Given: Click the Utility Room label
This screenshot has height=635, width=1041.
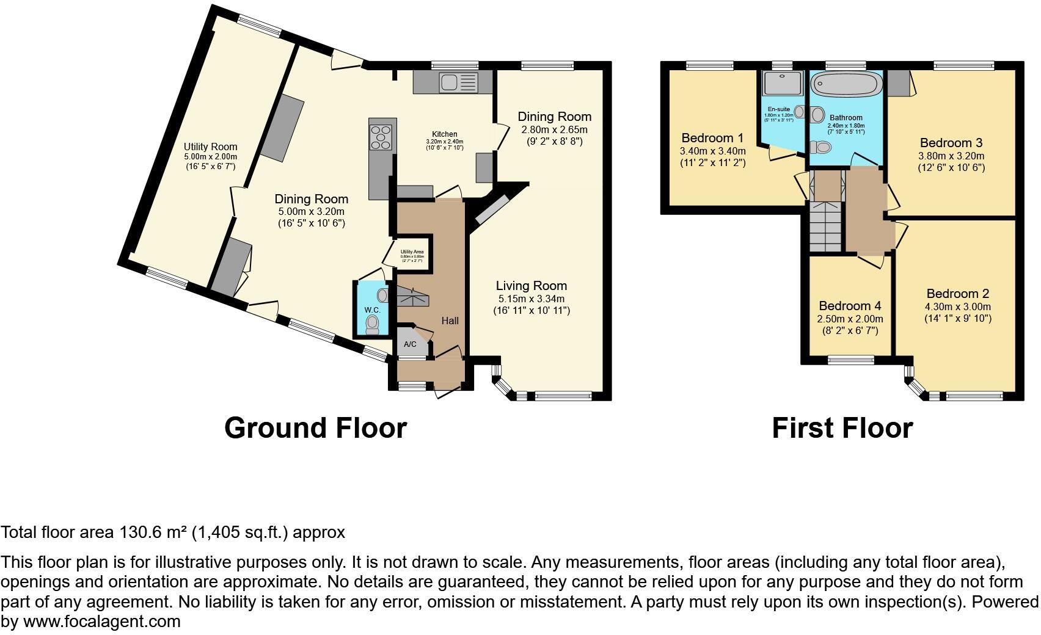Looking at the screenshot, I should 210,147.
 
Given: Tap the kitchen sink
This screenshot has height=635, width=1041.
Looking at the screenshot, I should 458,82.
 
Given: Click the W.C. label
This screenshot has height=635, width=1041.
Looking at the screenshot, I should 373,310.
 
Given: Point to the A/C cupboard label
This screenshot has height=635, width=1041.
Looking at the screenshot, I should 410,344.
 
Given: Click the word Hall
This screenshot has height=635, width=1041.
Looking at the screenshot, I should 450,321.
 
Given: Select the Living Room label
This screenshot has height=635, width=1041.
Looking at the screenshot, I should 531,286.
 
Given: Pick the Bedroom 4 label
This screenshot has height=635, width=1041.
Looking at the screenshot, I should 849,306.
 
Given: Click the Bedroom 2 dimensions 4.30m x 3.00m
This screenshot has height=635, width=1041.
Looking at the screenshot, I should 958,307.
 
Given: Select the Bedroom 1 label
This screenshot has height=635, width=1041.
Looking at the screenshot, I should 712,138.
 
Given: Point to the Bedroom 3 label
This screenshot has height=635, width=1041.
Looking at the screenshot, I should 951,143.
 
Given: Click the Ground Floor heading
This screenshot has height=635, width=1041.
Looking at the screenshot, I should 315,427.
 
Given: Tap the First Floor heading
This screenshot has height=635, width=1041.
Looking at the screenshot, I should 842,427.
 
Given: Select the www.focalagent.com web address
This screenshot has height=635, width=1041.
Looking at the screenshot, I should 101,622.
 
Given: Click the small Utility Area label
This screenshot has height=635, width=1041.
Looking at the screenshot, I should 412,252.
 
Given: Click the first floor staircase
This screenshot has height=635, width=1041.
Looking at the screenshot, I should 826,225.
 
